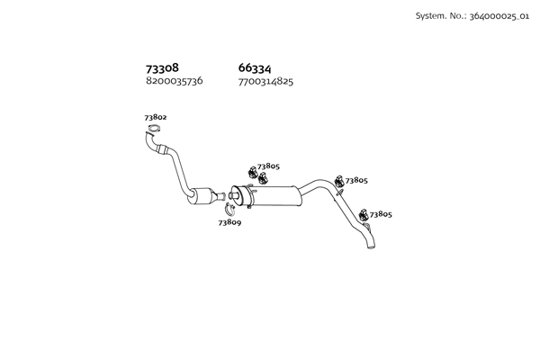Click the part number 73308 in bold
[x=162, y=68]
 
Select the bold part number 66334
[x=256, y=68]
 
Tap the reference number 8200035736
[x=174, y=81]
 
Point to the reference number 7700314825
[x=265, y=81]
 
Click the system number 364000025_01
[x=499, y=16]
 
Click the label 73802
[x=155, y=118]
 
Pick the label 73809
[x=229, y=221]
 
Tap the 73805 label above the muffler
[x=268, y=166]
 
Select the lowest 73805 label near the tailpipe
[x=380, y=214]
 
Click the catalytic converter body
[x=208, y=197]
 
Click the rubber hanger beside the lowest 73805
[x=364, y=214]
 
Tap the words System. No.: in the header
[x=438, y=16]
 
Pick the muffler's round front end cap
[x=237, y=194]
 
